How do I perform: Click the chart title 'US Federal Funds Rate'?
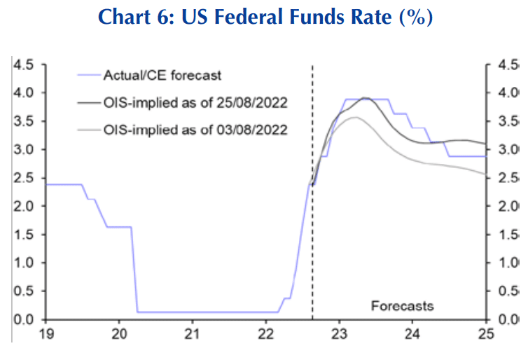tap(264, 16)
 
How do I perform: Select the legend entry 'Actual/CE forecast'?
tap(162, 75)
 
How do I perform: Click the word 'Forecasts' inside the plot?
tap(402, 306)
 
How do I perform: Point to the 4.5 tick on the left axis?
tap(23, 64)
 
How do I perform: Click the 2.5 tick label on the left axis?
tap(23, 178)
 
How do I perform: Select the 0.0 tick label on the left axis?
tap(23, 320)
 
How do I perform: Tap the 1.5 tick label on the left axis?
tap(23, 235)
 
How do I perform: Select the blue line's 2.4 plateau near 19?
tap(63, 184)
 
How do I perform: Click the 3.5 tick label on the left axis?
tap(23, 121)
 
